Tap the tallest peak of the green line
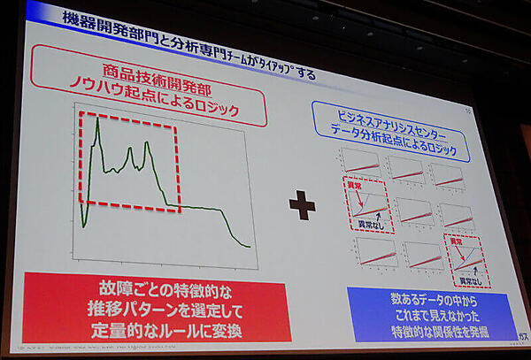(x=96, y=119)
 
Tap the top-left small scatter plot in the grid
(x=361, y=162)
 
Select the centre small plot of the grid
(x=412, y=210)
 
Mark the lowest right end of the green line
(x=250, y=246)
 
